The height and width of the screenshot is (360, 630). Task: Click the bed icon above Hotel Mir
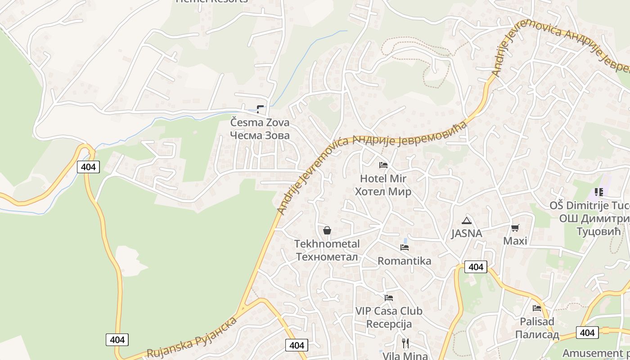[x=383, y=165]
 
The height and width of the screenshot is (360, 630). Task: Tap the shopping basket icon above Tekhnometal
[x=327, y=230]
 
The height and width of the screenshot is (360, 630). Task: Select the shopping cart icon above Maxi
[x=515, y=228]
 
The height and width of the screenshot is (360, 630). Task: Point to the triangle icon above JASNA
[x=467, y=220]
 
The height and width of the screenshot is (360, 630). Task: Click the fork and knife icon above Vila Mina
[x=405, y=343]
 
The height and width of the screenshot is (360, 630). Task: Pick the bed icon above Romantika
[x=405, y=247]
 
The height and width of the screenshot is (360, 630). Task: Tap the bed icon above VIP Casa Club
[x=389, y=297]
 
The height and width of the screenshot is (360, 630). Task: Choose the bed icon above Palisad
[x=537, y=308]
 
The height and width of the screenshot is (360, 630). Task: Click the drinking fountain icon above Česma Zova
[x=260, y=109]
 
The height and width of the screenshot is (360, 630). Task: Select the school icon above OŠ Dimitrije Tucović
[x=598, y=192]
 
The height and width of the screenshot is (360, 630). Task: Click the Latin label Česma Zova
[x=260, y=122]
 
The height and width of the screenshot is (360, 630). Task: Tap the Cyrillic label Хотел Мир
[x=383, y=192]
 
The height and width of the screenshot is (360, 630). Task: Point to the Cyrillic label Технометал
[x=327, y=257]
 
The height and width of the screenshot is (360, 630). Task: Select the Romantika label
[x=404, y=261]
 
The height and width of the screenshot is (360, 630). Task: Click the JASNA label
[x=467, y=234]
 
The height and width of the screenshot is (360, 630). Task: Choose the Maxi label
[x=515, y=241]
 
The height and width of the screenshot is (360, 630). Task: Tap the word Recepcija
[x=389, y=324]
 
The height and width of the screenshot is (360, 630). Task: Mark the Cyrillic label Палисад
[x=537, y=335]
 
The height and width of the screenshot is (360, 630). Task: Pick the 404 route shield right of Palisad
[x=587, y=333]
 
